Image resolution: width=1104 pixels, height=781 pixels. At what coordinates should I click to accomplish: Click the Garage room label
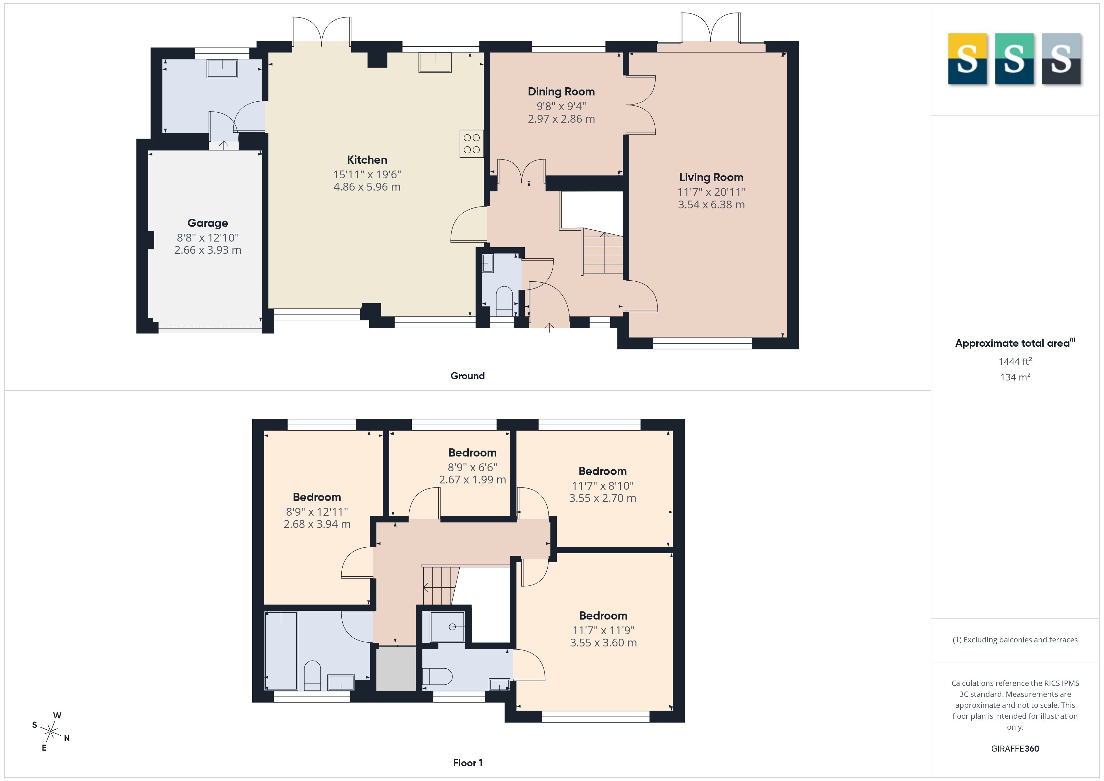click(208, 223)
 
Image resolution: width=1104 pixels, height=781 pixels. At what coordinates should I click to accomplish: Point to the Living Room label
click(711, 177)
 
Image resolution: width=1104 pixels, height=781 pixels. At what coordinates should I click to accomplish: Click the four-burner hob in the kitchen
click(471, 144)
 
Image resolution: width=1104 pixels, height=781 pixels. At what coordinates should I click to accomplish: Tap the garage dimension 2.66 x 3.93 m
click(208, 250)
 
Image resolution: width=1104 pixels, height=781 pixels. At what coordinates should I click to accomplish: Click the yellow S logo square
click(967, 59)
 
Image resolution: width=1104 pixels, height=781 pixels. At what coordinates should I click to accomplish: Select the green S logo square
click(1014, 59)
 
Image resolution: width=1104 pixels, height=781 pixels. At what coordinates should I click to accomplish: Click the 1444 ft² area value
click(1015, 361)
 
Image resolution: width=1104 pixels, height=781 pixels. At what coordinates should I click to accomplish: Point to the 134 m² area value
click(1015, 377)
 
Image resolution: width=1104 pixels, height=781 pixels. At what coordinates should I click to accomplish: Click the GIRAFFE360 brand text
click(1015, 749)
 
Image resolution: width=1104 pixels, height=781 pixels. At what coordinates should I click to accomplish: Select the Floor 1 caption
click(468, 763)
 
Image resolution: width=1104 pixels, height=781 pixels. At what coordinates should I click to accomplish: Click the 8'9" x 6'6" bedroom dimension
click(472, 467)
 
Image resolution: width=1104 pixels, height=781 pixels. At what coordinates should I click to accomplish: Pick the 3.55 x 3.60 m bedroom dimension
click(603, 642)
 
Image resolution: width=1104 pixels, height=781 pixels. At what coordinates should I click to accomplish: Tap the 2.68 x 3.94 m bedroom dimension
click(317, 524)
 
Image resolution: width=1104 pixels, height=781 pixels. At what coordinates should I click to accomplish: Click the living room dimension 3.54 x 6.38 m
click(711, 204)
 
